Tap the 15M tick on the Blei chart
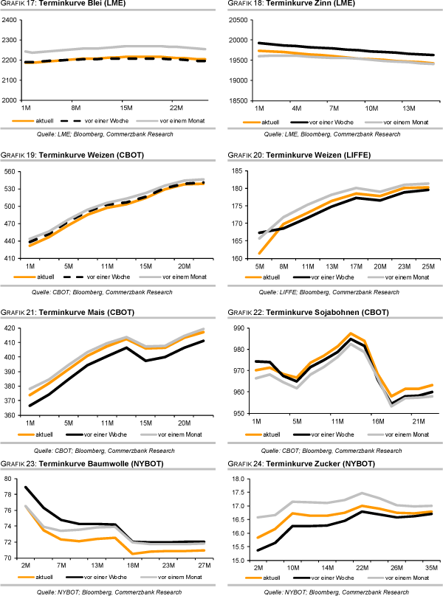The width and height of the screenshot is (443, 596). pyautogui.click(x=126, y=108)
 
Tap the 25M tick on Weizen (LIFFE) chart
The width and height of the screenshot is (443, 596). pyautogui.click(x=427, y=266)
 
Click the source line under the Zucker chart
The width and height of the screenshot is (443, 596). pyautogui.click(x=336, y=592)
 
